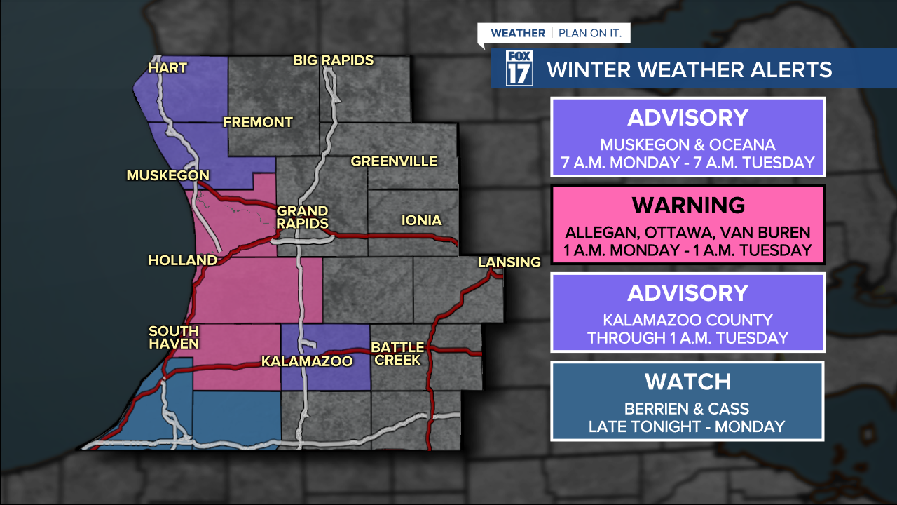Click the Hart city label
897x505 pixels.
pos(168,68)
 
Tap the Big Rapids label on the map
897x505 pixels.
pos(334,60)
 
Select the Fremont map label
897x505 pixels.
pos(258,122)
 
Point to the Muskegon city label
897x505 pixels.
pos(168,175)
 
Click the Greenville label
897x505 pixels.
pos(394,161)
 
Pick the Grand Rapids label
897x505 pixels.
pos(302,217)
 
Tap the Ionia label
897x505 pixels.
pos(421,220)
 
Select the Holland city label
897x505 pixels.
pos(183,260)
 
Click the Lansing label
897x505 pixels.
pos(509,262)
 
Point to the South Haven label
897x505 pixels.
pos(174,337)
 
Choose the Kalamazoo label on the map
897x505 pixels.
pos(306,361)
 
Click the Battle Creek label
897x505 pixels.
pos(397,353)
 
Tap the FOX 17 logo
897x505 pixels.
pos(519,68)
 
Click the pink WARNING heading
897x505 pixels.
pos(687,206)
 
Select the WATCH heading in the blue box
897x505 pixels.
pos(687,382)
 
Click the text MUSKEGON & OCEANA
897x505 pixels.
pos(687,145)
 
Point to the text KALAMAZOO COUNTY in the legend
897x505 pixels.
pos(687,320)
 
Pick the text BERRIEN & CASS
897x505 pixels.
pos(687,408)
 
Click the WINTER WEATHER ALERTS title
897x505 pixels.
pos(689,69)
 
